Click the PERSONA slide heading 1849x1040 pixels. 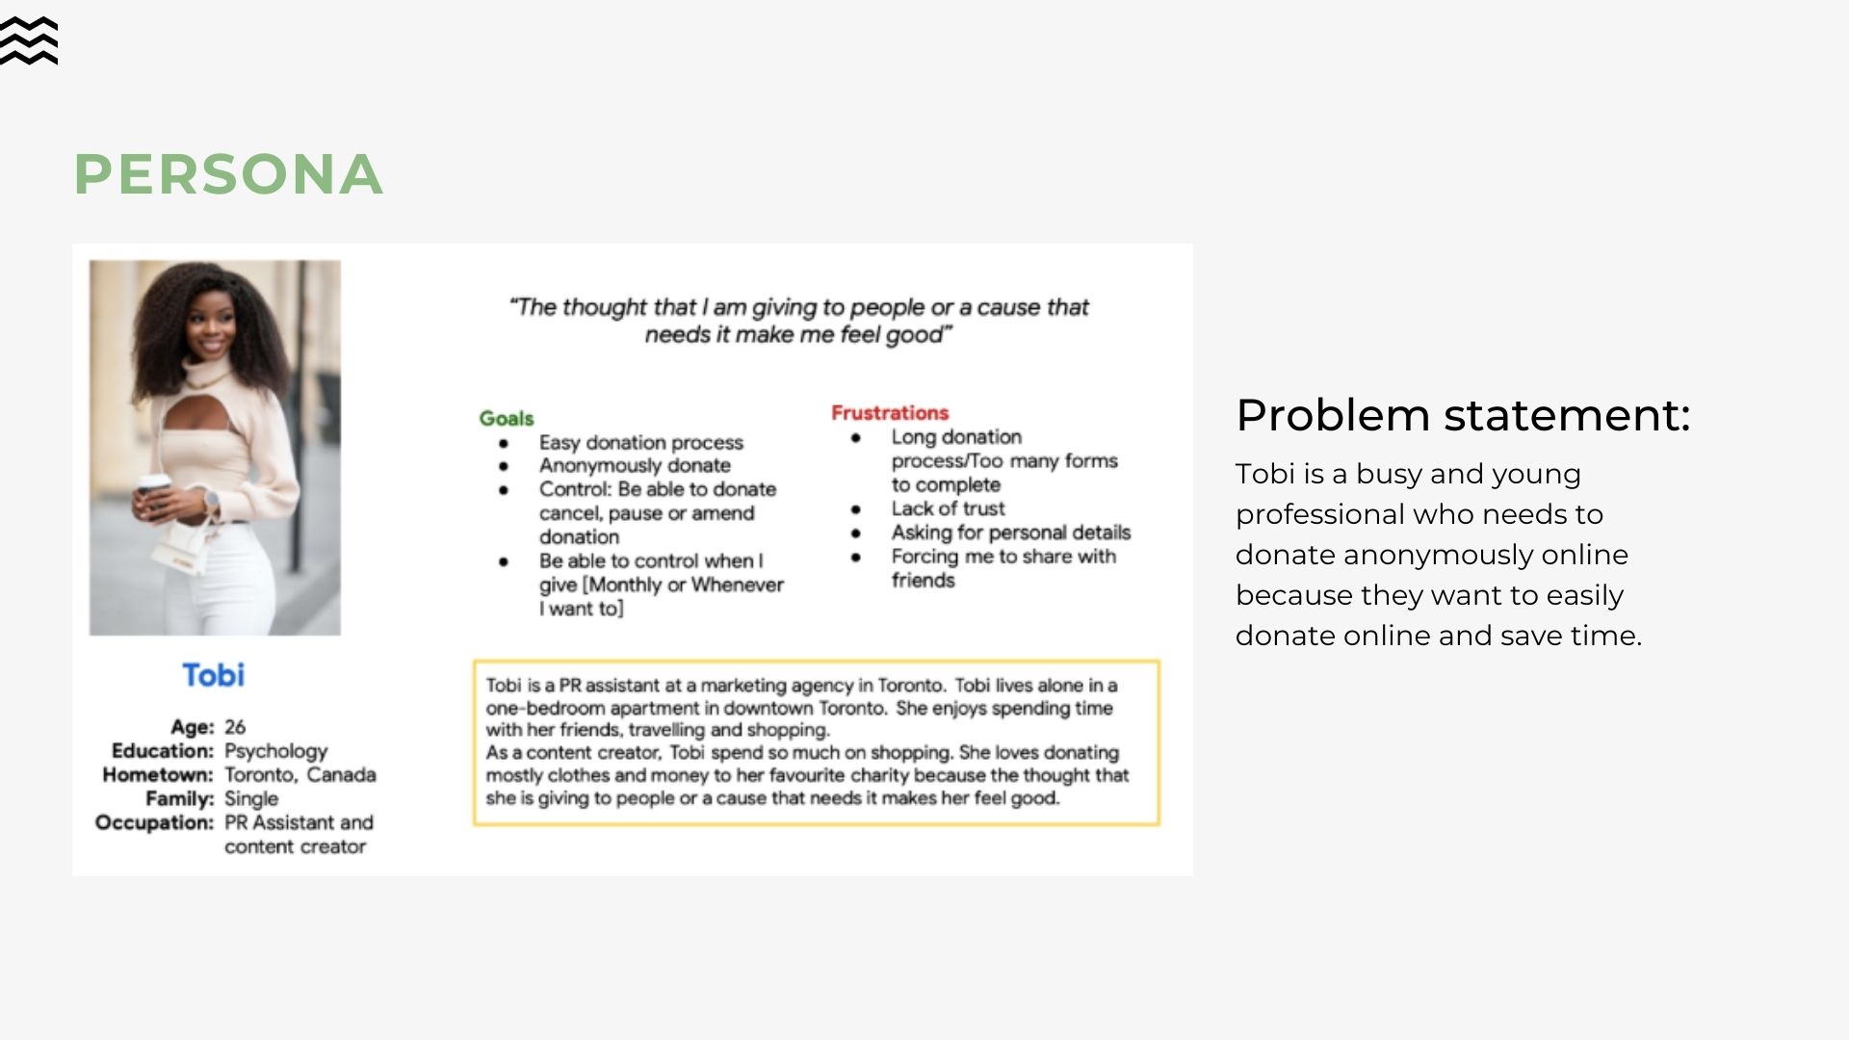click(228, 174)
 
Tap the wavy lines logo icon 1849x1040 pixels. click(29, 41)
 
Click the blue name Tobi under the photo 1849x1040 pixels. click(214, 675)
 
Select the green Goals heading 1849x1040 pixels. click(507, 418)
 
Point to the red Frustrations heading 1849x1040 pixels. click(890, 413)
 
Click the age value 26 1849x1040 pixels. click(235, 727)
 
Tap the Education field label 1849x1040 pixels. click(162, 751)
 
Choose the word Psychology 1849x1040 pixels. click(276, 751)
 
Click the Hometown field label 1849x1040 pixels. click(157, 775)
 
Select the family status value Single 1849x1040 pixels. click(251, 799)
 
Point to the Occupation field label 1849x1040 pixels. click(154, 823)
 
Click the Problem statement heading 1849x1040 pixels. click(1463, 415)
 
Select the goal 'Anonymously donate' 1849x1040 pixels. click(635, 466)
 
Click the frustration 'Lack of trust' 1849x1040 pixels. click(948, 508)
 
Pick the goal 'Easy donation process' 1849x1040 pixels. click(641, 443)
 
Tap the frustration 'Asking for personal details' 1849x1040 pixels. click(1010, 533)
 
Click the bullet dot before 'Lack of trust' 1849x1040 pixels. click(856, 509)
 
